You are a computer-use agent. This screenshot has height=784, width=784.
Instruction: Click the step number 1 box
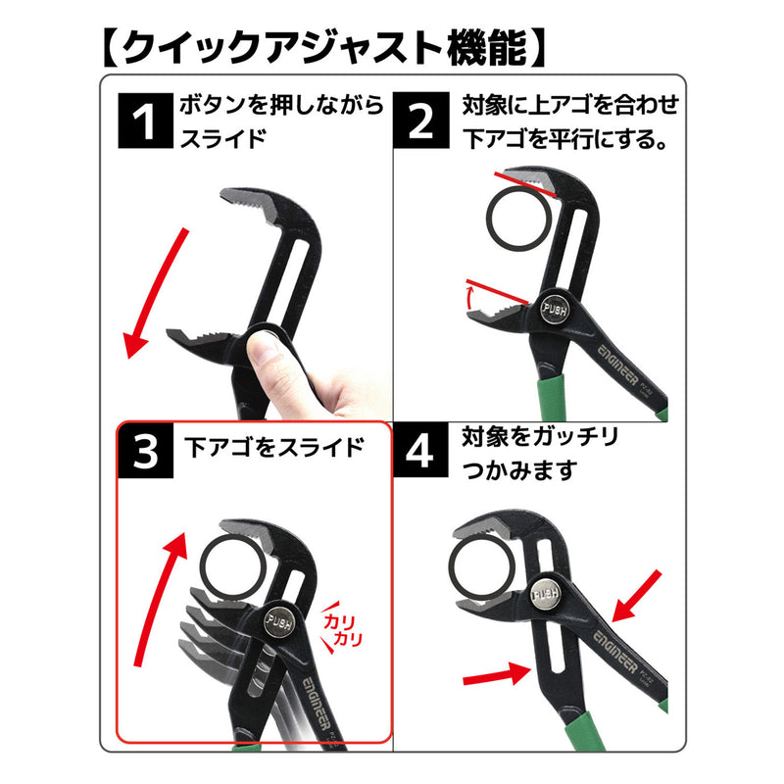pyautogui.click(x=145, y=121)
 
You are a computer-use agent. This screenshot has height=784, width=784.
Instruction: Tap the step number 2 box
pyautogui.click(x=421, y=121)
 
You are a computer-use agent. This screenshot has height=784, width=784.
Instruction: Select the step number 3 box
pyautogui.click(x=145, y=450)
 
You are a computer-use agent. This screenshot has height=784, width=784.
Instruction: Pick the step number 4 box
pyautogui.click(x=421, y=450)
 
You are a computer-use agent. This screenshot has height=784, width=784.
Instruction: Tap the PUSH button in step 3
pyautogui.click(x=278, y=622)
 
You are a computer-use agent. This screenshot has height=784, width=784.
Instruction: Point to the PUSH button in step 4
pyautogui.click(x=545, y=594)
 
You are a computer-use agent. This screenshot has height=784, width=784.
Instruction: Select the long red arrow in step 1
pyautogui.click(x=157, y=293)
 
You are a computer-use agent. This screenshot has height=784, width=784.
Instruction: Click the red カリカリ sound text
pyautogui.click(x=342, y=629)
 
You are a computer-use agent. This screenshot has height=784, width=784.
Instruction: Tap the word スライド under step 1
pyautogui.click(x=222, y=138)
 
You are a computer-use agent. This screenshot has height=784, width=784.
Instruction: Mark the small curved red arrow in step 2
pyautogui.click(x=469, y=298)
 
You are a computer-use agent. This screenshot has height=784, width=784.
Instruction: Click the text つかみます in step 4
pyautogui.click(x=519, y=470)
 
